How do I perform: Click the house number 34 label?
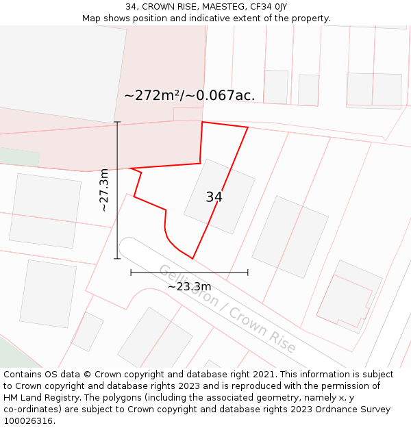click(x=214, y=197)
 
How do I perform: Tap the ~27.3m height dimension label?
click(x=103, y=190)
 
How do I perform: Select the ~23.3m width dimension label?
click(x=189, y=286)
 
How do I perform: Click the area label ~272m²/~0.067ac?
click(x=189, y=95)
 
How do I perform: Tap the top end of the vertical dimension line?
click(x=117, y=122)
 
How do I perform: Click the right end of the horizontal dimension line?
click(x=248, y=273)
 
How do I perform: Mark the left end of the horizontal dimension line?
click(x=131, y=273)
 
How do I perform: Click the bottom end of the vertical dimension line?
click(x=117, y=259)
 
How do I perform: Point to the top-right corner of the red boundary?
click(x=247, y=127)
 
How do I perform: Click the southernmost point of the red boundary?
click(x=192, y=259)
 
